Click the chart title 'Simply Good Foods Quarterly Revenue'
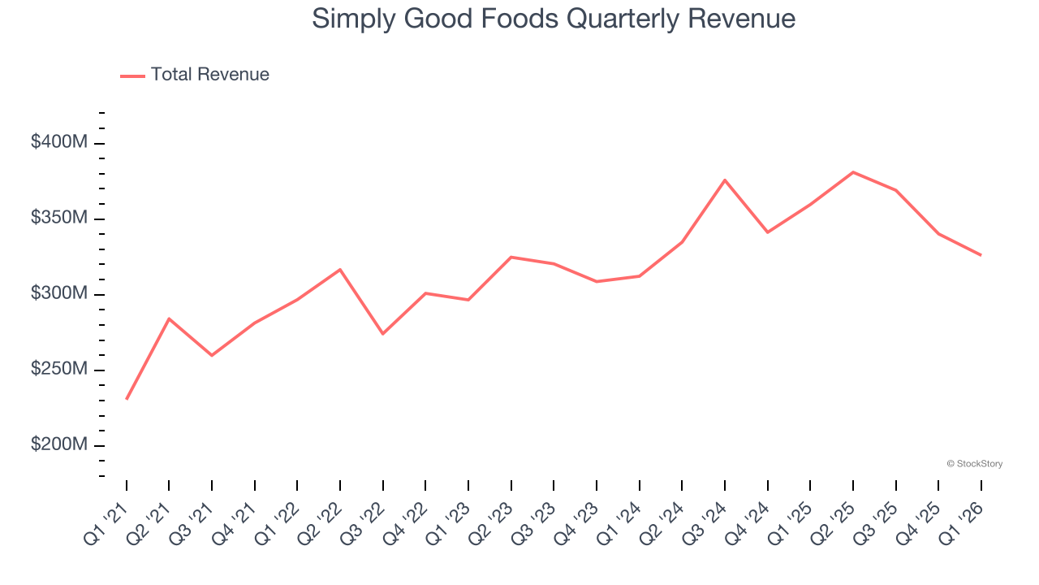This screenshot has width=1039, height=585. (554, 19)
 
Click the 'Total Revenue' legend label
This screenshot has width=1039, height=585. (209, 75)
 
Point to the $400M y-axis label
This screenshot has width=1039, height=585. (58, 142)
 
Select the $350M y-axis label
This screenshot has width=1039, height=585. (58, 218)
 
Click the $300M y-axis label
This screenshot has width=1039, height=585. (58, 293)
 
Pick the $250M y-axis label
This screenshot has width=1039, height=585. (58, 369)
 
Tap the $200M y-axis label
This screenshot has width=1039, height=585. (58, 444)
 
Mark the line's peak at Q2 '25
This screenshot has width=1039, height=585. (853, 172)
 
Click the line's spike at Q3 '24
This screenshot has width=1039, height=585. (725, 180)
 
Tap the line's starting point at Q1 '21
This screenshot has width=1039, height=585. (127, 399)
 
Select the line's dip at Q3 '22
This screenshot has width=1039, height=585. (383, 334)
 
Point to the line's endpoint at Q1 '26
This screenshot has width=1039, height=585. (981, 255)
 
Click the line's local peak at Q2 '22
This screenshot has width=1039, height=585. (340, 269)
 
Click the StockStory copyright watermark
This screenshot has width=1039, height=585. (974, 464)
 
